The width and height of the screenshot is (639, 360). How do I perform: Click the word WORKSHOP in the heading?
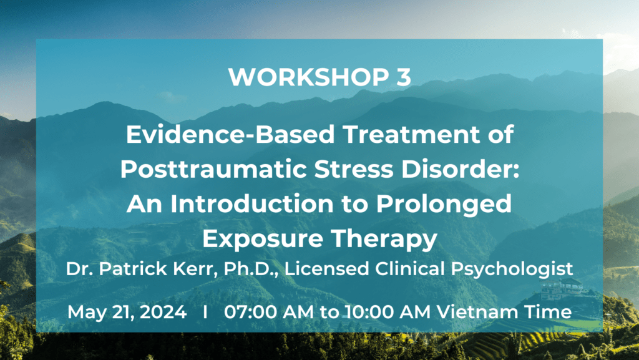[307, 77]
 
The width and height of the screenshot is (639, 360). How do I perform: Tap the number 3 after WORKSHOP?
[402, 77]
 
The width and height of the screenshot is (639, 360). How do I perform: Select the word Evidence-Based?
[230, 134]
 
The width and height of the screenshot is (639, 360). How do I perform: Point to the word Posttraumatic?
[213, 169]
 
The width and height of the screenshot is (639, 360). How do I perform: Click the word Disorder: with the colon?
[461, 169]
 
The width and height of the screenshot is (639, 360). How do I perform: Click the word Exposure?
[263, 239]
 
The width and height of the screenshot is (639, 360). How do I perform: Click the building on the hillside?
[561, 288]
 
